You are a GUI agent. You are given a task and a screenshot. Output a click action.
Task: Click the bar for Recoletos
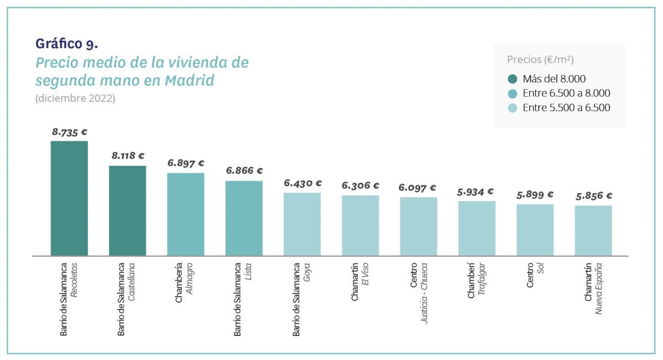[69, 198]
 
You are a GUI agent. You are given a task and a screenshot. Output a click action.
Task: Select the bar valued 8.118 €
[128, 210]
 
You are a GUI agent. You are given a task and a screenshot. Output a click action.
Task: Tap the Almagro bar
[186, 214]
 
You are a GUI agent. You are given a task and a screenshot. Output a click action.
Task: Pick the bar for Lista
[244, 218]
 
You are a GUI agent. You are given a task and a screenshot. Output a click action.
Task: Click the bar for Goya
[302, 224]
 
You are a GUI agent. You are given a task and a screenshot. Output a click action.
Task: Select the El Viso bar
[360, 225]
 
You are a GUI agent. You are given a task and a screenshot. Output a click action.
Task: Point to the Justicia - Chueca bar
[418, 226]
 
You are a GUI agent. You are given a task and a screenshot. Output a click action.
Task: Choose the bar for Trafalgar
[477, 228]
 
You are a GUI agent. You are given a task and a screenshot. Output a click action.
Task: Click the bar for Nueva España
[593, 230]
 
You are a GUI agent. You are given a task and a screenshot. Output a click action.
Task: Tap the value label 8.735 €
[70, 132]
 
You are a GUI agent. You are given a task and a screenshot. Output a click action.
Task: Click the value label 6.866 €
[244, 171]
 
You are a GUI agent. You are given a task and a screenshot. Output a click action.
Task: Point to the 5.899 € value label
[535, 194]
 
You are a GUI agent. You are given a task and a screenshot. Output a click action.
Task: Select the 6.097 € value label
[417, 188]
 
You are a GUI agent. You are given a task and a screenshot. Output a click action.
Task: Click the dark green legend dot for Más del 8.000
[512, 79]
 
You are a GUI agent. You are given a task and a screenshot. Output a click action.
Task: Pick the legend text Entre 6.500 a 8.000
[566, 93]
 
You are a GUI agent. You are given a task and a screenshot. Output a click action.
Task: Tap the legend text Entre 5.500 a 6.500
[566, 108]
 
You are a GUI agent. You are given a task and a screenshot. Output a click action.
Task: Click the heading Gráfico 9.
[66, 43]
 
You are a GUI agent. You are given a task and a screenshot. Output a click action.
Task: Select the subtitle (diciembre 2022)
[75, 98]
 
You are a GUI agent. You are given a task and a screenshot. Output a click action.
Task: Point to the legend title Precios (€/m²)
[544, 60]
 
